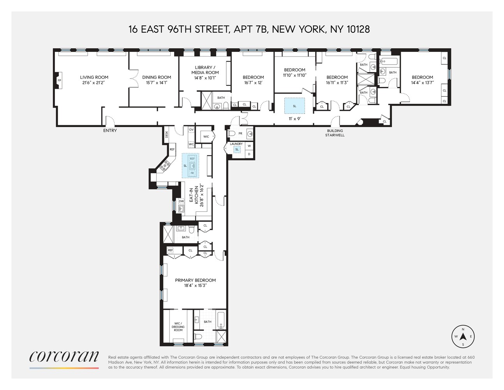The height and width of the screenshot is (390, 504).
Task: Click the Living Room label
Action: (x=94, y=77)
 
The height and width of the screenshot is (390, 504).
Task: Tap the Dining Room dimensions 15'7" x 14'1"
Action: (x=157, y=83)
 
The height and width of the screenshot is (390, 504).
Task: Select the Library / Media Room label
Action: (x=205, y=70)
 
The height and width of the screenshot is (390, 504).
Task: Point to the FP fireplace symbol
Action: (x=59, y=80)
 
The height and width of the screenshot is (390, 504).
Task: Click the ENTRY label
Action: (x=110, y=131)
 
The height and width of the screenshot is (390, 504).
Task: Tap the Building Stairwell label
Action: (x=335, y=133)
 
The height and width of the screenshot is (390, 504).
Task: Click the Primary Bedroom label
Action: (x=195, y=280)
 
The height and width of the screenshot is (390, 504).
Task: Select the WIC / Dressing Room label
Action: (x=178, y=327)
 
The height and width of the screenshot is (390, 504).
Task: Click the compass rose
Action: (x=463, y=337)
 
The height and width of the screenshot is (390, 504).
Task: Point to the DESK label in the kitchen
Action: (x=167, y=134)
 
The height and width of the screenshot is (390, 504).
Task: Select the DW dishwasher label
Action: (x=181, y=201)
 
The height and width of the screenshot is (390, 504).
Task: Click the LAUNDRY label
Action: (x=236, y=144)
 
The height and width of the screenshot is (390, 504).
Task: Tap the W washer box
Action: (x=249, y=146)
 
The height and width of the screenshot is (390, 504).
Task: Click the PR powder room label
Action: (x=240, y=133)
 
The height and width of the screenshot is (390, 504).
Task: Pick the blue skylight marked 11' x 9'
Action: (x=294, y=106)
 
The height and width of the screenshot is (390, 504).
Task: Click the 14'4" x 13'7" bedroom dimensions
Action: (x=422, y=83)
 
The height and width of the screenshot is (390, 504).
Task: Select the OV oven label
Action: (x=191, y=129)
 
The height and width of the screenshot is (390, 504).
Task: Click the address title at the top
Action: (x=249, y=29)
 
